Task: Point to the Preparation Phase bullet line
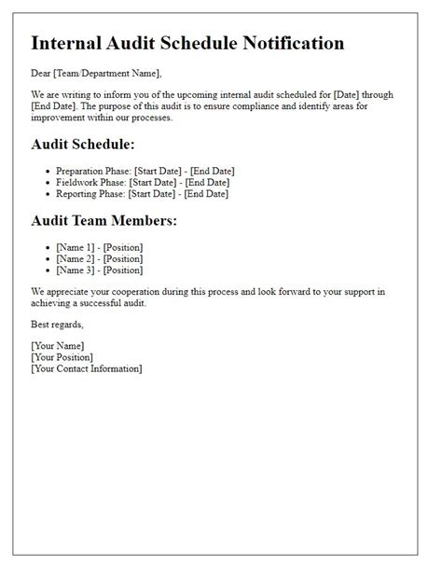point(145,171)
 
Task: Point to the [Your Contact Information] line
point(87,369)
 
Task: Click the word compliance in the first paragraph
point(272,107)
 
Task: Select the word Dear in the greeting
point(42,74)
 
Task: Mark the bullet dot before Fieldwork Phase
point(48,183)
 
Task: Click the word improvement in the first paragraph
point(62,118)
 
